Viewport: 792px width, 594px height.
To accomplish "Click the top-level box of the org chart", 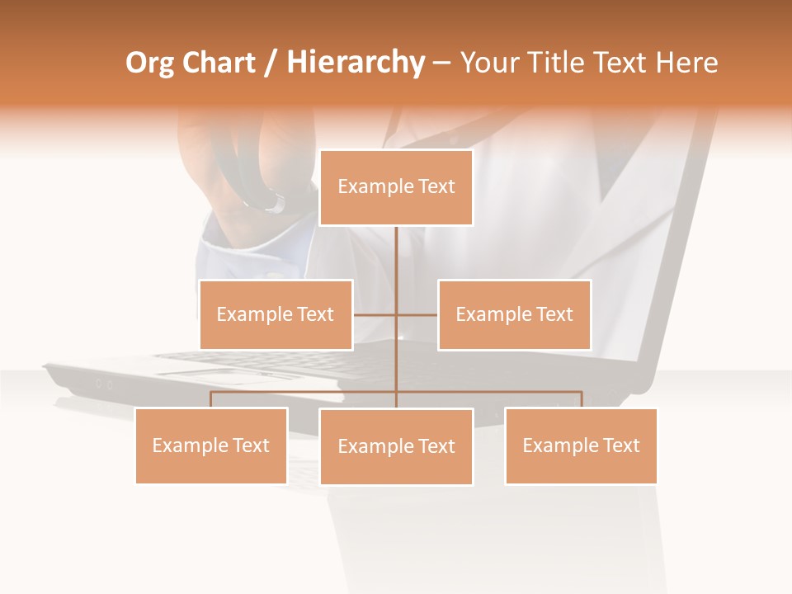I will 396,187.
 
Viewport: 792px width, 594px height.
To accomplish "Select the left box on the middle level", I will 276,314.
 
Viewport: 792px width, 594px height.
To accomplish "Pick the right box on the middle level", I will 514,314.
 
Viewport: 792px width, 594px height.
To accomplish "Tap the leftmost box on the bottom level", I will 211,445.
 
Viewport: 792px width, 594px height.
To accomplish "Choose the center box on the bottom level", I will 396,446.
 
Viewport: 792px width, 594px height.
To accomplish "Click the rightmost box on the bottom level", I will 581,445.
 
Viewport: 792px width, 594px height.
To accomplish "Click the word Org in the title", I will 148,63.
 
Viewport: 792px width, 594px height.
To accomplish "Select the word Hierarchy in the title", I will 355,63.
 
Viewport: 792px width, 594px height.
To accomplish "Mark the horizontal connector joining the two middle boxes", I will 375,314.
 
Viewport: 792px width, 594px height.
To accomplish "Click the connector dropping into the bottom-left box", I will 211,399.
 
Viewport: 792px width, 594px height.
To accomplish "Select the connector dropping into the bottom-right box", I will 582,399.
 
